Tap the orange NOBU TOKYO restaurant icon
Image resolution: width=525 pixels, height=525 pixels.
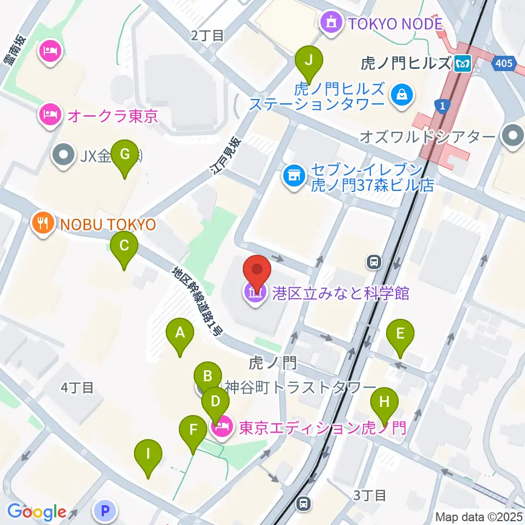coord(43,224)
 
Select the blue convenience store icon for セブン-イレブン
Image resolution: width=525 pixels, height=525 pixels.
coord(293,176)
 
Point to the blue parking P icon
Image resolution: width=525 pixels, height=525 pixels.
coord(105,511)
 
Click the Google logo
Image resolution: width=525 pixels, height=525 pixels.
coord(37,512)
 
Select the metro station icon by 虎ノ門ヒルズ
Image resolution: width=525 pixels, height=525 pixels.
coord(463,64)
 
